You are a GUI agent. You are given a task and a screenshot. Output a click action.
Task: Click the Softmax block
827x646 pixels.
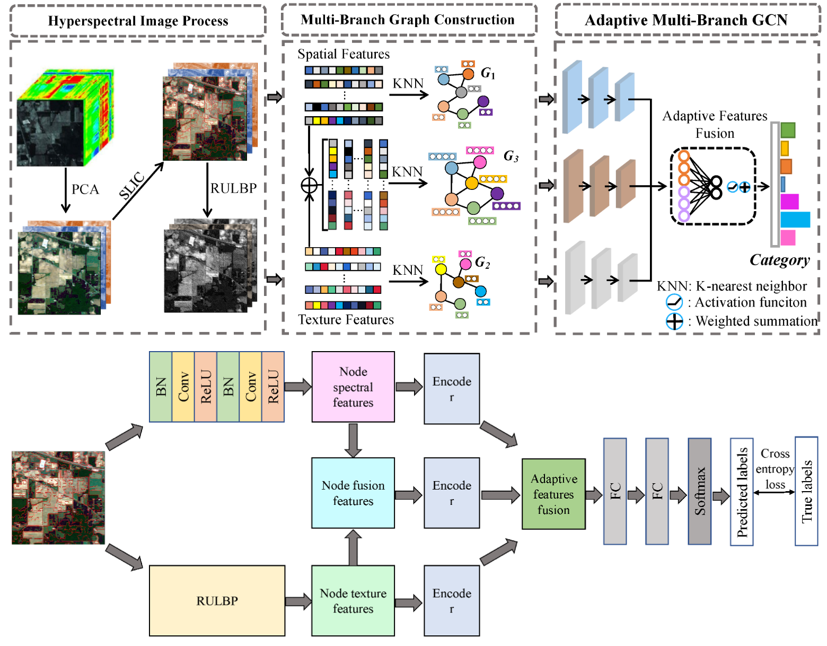pyautogui.click(x=699, y=491)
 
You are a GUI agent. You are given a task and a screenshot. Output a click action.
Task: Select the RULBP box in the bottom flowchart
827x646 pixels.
pyautogui.click(x=217, y=600)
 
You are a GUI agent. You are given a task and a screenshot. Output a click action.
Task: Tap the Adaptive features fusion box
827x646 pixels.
pyautogui.click(x=553, y=494)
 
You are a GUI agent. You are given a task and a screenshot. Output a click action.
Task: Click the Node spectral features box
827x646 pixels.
pyautogui.click(x=353, y=387)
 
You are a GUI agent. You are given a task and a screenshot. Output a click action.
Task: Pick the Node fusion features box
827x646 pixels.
pyautogui.click(x=353, y=493)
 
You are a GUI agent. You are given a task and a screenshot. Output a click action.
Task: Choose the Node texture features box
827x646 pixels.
pyautogui.click(x=353, y=600)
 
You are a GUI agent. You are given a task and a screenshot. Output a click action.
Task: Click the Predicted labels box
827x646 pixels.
pyautogui.click(x=742, y=492)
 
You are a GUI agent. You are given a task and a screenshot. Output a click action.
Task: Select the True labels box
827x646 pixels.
pyautogui.click(x=806, y=491)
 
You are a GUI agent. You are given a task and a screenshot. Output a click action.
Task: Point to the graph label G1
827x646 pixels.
pyautogui.click(x=488, y=73)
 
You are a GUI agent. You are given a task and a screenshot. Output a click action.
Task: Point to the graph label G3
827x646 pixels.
pyautogui.click(x=511, y=156)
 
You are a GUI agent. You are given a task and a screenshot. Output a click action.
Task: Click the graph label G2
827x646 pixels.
pyautogui.click(x=482, y=262)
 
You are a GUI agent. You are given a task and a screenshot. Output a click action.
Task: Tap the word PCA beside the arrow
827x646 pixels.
pyautogui.click(x=85, y=189)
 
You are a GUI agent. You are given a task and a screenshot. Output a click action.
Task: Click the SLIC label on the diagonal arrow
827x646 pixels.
pyautogui.click(x=131, y=186)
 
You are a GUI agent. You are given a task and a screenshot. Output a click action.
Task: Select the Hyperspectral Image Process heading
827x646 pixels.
pyautogui.click(x=138, y=21)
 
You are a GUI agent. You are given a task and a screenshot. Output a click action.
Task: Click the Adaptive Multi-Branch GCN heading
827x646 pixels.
pyautogui.click(x=686, y=20)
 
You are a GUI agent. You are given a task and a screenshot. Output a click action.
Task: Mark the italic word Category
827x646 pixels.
pyautogui.click(x=779, y=260)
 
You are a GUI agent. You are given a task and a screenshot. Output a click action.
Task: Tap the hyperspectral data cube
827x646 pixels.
pyautogui.click(x=65, y=118)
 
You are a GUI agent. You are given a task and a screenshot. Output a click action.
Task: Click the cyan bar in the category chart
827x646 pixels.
pyautogui.click(x=795, y=220)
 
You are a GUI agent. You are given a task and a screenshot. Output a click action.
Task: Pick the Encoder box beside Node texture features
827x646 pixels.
pyautogui.click(x=452, y=600)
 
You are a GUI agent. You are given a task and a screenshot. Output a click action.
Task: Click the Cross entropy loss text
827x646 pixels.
pyautogui.click(x=775, y=469)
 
